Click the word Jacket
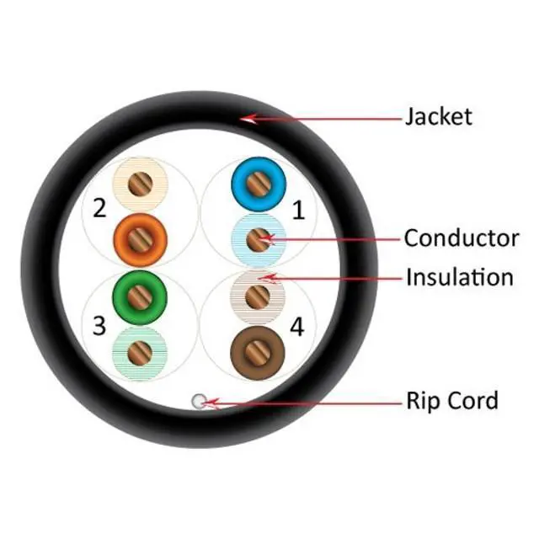click(x=439, y=115)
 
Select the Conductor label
click(x=462, y=237)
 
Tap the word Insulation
click(x=460, y=276)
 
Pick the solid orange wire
click(x=136, y=236)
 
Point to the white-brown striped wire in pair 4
click(x=258, y=295)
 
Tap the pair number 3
click(x=99, y=324)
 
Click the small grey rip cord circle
click(x=199, y=402)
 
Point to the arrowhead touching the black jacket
click(x=246, y=120)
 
